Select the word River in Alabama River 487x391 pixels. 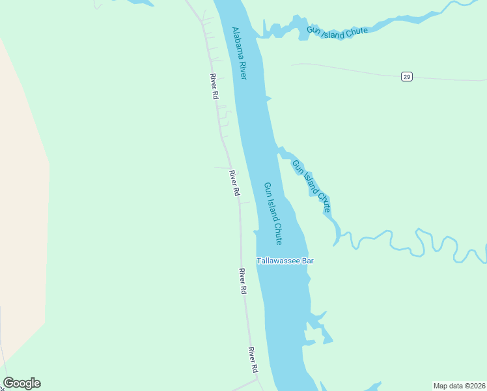(244, 70)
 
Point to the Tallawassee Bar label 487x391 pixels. (285, 261)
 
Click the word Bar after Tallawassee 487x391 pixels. (307, 261)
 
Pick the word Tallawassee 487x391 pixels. (277, 261)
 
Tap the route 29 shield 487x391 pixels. (406, 77)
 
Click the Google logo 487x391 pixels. (21, 383)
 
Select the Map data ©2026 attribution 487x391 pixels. (458, 386)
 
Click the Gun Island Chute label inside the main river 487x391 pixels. (273, 213)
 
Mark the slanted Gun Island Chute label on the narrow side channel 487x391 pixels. (311, 186)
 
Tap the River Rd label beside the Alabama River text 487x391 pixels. (214, 86)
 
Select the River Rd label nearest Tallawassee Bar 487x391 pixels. (243, 281)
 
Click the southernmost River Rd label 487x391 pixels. (253, 360)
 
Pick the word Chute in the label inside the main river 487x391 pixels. (278, 232)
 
